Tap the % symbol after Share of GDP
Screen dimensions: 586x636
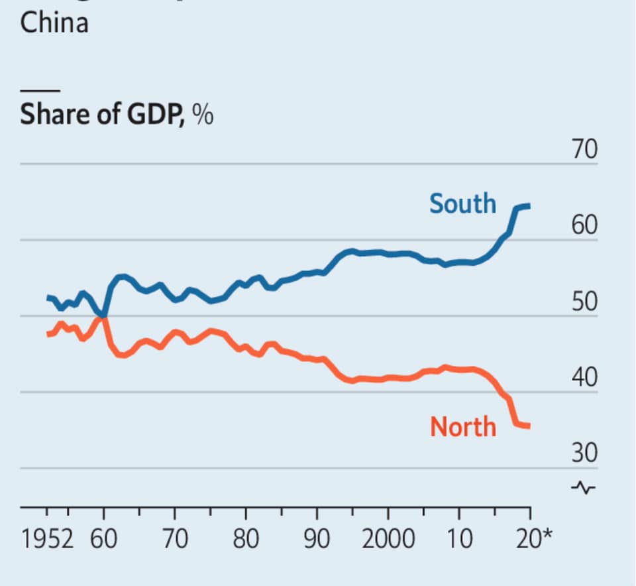pos(203,115)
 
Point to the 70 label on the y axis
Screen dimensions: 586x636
pos(585,150)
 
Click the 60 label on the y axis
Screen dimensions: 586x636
pos(585,227)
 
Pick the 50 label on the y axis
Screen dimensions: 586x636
pos(585,303)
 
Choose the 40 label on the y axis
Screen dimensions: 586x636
pos(585,379)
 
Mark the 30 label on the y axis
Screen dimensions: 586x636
pos(585,454)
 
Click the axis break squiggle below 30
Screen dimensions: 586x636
pos(584,488)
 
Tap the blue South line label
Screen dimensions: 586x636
pos(462,203)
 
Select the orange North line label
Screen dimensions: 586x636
pos(463,426)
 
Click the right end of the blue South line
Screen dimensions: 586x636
pos(529,207)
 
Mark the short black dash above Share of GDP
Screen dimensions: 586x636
pos(40,90)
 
